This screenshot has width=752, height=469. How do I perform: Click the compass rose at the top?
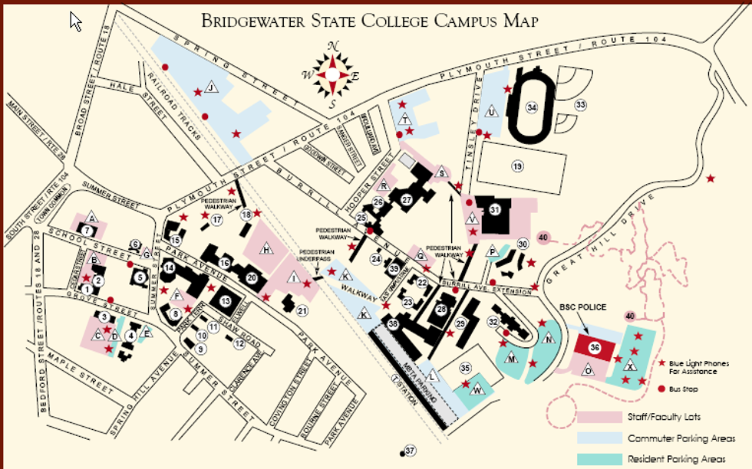coord(332,74)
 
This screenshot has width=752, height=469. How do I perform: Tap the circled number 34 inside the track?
coord(532,107)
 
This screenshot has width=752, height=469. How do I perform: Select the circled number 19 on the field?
coord(517,166)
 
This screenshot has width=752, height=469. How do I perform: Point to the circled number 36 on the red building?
coord(595,347)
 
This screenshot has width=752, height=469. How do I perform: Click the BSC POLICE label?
coord(585,307)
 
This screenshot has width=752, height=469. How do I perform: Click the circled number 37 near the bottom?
coord(410,450)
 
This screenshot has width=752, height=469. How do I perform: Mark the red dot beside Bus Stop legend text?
coord(662,389)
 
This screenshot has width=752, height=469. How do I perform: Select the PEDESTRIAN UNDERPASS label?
coord(316,255)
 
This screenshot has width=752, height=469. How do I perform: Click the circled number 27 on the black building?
coord(407,199)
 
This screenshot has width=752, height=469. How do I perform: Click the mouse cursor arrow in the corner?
coord(75,20)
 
